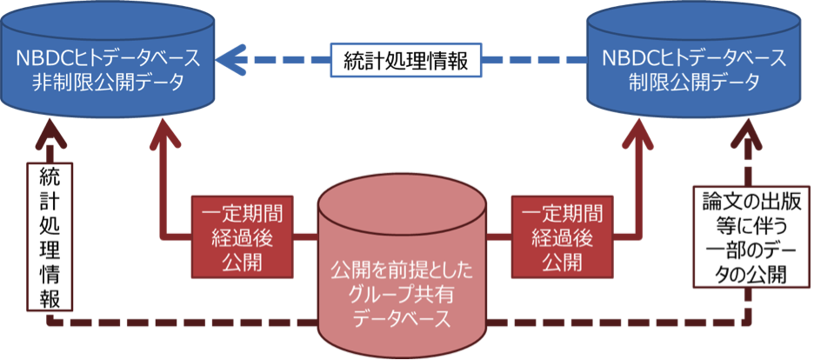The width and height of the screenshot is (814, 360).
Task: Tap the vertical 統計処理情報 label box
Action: pos(50,235)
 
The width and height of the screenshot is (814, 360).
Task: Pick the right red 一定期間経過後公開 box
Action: pos(557,236)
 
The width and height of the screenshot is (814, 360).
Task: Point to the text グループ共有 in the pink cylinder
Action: pos(402,295)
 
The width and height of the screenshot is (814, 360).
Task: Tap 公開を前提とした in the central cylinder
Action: pos(402,271)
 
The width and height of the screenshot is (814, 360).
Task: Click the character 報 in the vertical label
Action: pos(50,297)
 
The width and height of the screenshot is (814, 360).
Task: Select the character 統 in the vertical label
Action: pos(50,175)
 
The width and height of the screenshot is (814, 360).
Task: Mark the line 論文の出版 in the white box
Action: pos(744,201)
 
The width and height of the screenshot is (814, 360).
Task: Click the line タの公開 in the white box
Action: pos(744,276)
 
